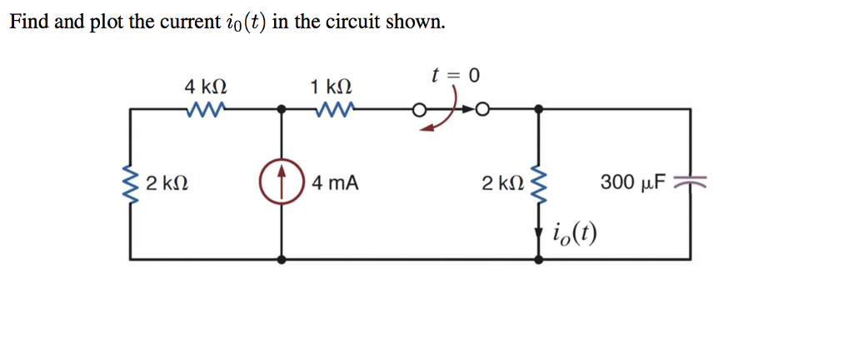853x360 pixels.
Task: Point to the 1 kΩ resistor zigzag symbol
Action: [x=332, y=108]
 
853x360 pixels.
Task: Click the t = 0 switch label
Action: [x=456, y=76]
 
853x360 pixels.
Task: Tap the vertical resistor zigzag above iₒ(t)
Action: [x=540, y=182]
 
